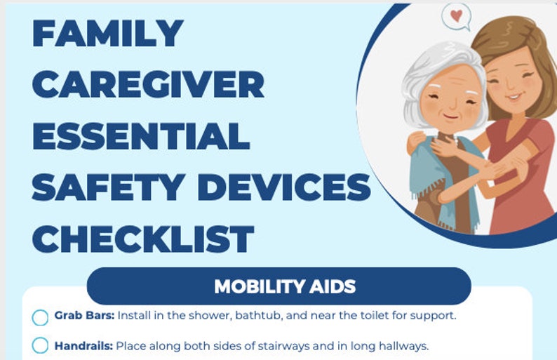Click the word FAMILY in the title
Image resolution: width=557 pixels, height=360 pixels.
107,33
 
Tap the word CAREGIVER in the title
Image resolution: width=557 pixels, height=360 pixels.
148,84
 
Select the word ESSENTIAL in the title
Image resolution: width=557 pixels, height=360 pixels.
141,135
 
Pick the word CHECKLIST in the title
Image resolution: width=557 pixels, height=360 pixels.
142,239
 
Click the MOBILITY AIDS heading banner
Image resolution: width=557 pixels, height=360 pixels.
284,286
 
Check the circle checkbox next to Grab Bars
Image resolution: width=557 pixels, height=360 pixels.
41,317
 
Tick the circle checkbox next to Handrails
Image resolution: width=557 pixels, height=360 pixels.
41,346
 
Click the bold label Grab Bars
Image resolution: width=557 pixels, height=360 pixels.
83,316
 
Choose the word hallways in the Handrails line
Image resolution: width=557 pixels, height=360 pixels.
403,345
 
